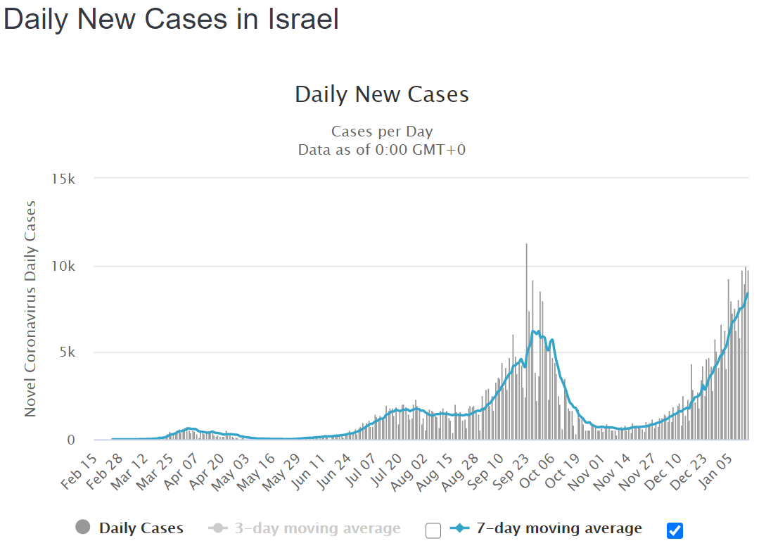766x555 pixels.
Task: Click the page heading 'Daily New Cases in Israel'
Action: [171, 20]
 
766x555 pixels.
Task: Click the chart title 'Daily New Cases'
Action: [382, 94]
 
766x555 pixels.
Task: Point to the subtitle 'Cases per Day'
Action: [382, 132]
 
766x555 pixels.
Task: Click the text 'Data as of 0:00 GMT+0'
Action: [382, 150]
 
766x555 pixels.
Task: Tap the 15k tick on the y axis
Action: [63, 179]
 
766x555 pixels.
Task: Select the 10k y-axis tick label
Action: [63, 267]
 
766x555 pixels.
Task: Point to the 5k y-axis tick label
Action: [68, 352]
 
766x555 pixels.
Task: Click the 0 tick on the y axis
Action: [71, 440]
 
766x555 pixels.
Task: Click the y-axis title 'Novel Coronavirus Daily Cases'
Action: [30, 309]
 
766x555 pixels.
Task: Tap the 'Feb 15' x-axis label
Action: [79, 471]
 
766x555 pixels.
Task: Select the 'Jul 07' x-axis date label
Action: [361, 470]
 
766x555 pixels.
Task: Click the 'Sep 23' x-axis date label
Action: [511, 471]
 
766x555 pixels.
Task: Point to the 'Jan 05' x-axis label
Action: [715, 471]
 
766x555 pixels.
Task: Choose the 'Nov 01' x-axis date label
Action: [586, 472]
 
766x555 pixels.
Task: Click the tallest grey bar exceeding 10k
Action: [527, 341]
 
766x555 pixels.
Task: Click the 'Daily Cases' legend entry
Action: [130, 528]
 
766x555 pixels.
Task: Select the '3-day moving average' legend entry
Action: [305, 528]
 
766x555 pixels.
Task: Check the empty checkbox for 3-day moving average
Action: [433, 530]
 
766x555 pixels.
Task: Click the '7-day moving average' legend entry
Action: [546, 528]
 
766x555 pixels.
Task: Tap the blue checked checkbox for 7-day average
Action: [675, 530]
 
